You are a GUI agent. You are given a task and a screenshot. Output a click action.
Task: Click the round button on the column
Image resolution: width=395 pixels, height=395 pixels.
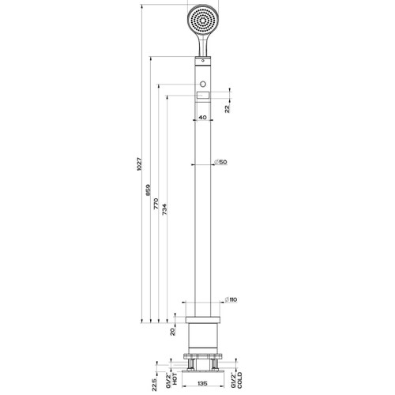(204, 83)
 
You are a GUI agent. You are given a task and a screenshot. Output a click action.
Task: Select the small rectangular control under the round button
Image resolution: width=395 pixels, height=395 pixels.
(204, 96)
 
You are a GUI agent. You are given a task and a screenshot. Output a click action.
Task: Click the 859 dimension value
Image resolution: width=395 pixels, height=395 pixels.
(148, 191)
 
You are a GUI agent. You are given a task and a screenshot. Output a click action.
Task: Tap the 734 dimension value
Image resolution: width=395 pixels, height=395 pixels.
(165, 212)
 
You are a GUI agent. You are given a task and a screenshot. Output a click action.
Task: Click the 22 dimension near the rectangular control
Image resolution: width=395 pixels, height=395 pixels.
(228, 108)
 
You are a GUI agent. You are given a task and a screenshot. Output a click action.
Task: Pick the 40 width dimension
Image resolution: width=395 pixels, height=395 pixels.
(203, 118)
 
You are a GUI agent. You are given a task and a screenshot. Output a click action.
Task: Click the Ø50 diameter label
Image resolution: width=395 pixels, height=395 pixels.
(222, 162)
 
